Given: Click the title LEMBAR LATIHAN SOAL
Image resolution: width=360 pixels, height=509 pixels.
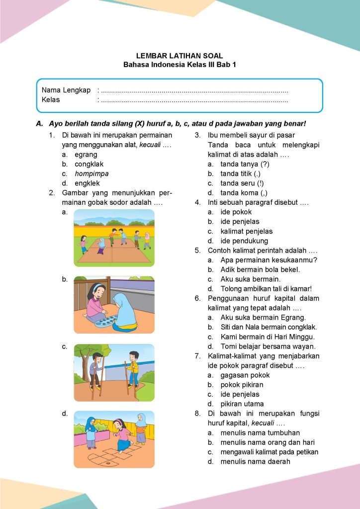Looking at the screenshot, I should coord(180,56).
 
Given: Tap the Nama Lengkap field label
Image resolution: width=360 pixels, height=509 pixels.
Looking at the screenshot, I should coord(66,90).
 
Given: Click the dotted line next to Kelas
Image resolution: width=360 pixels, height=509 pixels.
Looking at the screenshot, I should coord(194,100).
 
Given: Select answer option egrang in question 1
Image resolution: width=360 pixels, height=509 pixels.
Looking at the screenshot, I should coord(86,155).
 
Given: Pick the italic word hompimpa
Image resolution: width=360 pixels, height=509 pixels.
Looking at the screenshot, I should coord(91,173).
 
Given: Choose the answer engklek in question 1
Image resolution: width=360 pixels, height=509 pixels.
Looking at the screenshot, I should coord(87,183).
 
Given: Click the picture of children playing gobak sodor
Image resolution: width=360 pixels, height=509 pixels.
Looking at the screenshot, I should coord(114,238).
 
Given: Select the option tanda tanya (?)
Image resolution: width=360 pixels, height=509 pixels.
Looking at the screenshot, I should coord(245,164).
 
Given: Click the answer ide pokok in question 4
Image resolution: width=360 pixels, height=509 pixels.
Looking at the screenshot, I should coord(236,212).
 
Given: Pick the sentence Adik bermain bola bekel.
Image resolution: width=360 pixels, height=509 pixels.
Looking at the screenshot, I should coord(267,269).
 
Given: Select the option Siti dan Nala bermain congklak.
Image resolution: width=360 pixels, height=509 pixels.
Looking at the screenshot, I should coord(269,327).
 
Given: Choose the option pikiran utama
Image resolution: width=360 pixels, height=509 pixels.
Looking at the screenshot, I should coord(242,404).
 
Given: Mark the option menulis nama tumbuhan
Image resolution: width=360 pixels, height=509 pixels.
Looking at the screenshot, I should coord(260,432).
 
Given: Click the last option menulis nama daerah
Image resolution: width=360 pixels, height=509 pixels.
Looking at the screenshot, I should coord(255,461).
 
